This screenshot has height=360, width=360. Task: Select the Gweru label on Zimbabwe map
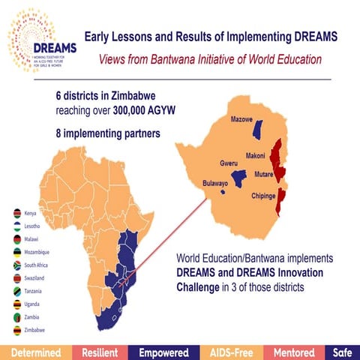[x=229, y=163]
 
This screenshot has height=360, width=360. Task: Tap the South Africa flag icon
[x=16, y=265]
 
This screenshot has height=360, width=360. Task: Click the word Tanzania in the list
[x=35, y=291]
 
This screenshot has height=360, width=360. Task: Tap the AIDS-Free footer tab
[x=227, y=352]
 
